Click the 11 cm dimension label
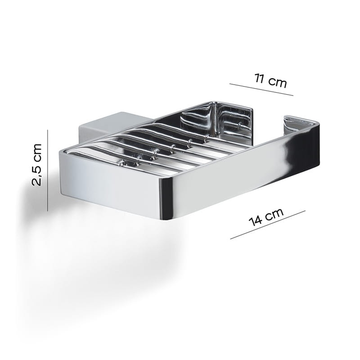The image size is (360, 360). (271, 81)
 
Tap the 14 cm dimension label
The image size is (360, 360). (266, 217)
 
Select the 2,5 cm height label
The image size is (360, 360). (37, 165)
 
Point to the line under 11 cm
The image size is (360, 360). (261, 90)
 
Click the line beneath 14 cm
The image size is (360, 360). (268, 225)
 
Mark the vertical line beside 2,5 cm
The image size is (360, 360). (48, 170)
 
